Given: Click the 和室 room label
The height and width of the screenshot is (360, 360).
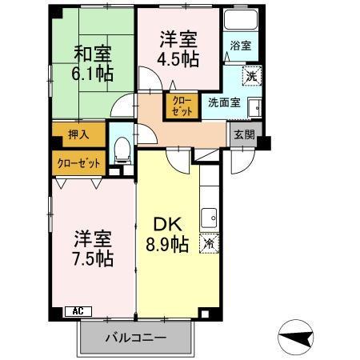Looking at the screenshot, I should [x=93, y=54].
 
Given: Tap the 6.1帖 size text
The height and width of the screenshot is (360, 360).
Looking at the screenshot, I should [x=93, y=74].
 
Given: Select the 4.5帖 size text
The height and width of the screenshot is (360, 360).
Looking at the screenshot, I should [x=178, y=59].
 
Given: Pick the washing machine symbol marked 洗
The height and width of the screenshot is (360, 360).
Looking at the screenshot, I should [x=250, y=77].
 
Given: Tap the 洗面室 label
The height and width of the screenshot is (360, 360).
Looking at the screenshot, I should [x=224, y=102].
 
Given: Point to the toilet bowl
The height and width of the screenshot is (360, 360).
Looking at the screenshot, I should [x=122, y=148].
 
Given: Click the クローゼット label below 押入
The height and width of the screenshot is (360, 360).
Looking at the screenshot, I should [x=78, y=163].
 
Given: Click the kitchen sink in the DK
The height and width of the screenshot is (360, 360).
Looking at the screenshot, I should [x=210, y=216].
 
